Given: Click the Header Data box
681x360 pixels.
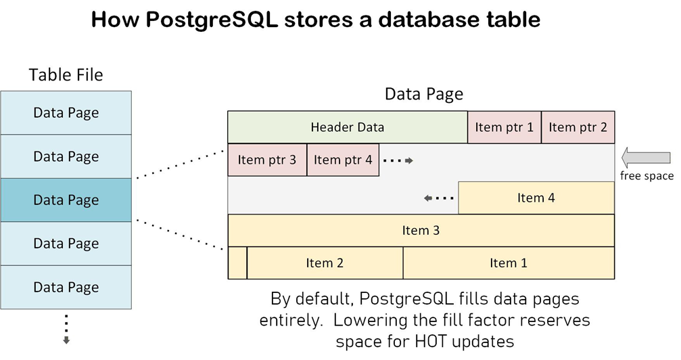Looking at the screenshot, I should pyautogui.click(x=347, y=127).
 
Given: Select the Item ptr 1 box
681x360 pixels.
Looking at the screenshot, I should pyautogui.click(x=504, y=127).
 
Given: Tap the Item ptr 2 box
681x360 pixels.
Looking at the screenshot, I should pyautogui.click(x=578, y=127).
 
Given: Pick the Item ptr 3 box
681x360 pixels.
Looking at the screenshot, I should pyautogui.click(x=267, y=160).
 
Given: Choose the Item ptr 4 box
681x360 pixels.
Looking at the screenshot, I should pyautogui.click(x=343, y=160).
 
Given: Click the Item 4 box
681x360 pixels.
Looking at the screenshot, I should pyautogui.click(x=536, y=198).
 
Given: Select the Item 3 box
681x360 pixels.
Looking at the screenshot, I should pyautogui.click(x=421, y=231).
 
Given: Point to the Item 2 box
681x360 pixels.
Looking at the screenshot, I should pyautogui.click(x=325, y=263).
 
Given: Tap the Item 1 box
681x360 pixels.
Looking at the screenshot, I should pyautogui.click(x=509, y=263).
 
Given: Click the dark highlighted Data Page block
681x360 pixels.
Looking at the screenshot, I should pyautogui.click(x=66, y=200).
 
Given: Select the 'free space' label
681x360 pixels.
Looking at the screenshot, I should pyautogui.click(x=647, y=176).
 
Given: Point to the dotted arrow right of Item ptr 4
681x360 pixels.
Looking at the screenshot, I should pyautogui.click(x=397, y=160).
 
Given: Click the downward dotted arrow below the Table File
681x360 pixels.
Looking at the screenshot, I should pyautogui.click(x=66, y=328).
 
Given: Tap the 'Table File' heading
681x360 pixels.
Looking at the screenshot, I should pyautogui.click(x=66, y=74).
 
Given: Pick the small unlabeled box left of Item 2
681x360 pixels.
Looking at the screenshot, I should pyautogui.click(x=237, y=263).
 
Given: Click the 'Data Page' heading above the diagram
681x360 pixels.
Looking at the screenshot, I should pyautogui.click(x=424, y=94).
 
